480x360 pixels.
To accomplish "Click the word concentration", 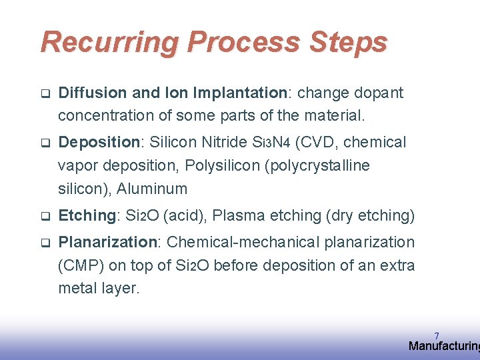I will point(105,115).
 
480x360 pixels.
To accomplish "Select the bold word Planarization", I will point(106,242).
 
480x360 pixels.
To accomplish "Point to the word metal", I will point(78,289).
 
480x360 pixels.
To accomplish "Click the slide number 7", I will point(437,335).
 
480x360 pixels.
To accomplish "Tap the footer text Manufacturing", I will point(443,346).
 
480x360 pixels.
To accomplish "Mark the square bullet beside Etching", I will point(45,216).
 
